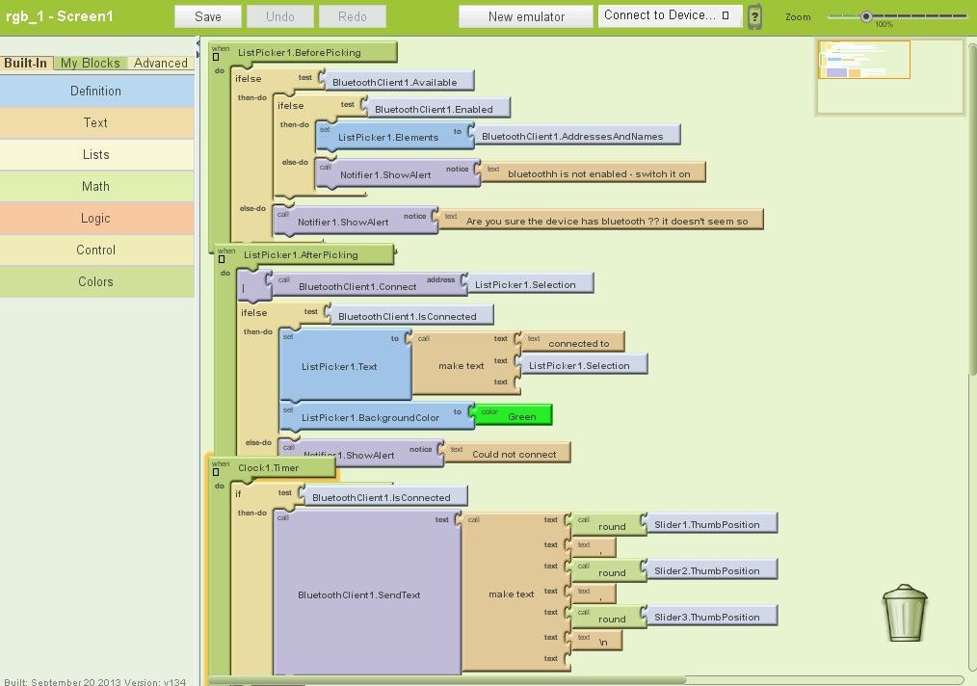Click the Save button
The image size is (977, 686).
(207, 16)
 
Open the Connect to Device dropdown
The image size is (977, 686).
(671, 15)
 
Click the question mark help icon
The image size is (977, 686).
(755, 16)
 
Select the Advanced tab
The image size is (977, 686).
(161, 63)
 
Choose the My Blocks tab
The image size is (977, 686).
(91, 63)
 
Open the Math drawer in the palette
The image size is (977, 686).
(95, 186)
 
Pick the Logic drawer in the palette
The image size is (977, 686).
(95, 218)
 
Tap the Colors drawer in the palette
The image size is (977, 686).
(95, 281)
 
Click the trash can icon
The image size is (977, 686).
(905, 614)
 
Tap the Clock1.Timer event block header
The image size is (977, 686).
(269, 467)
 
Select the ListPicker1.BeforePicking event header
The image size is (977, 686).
(298, 52)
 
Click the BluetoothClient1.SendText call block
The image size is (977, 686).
(358, 594)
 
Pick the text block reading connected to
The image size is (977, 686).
(578, 343)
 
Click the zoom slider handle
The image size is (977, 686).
(866, 15)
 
